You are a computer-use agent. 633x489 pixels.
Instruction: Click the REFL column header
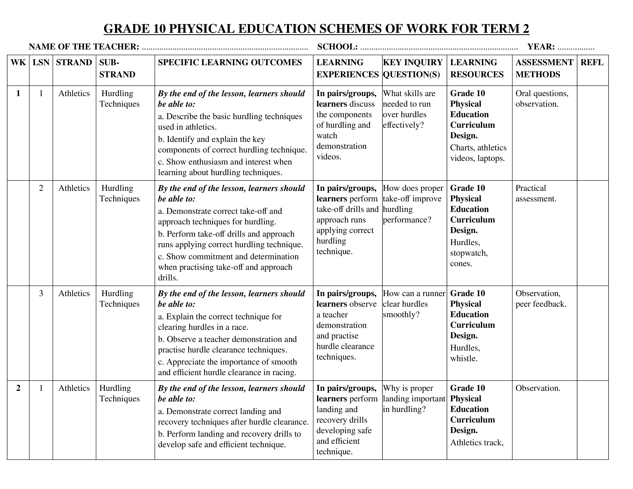tap(592, 63)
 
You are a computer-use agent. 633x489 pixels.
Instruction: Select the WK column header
tap(18, 63)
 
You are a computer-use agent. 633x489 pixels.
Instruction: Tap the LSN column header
tap(41, 63)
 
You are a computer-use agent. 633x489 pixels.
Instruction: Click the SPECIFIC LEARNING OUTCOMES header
tap(230, 63)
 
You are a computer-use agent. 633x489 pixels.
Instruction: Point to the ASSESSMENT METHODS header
tap(544, 68)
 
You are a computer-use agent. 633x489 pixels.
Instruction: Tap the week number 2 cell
tap(18, 388)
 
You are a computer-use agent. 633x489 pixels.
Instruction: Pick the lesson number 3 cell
tap(41, 293)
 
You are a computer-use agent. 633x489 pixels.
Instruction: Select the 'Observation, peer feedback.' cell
tap(541, 299)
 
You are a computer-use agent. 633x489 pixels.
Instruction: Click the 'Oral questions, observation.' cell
tap(542, 99)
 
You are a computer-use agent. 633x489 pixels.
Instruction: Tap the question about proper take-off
tap(413, 204)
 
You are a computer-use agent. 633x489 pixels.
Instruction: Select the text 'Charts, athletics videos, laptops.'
tap(478, 153)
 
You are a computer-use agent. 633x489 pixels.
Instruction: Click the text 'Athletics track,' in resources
tap(477, 442)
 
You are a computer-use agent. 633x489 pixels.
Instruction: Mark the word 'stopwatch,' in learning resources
tap(469, 253)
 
